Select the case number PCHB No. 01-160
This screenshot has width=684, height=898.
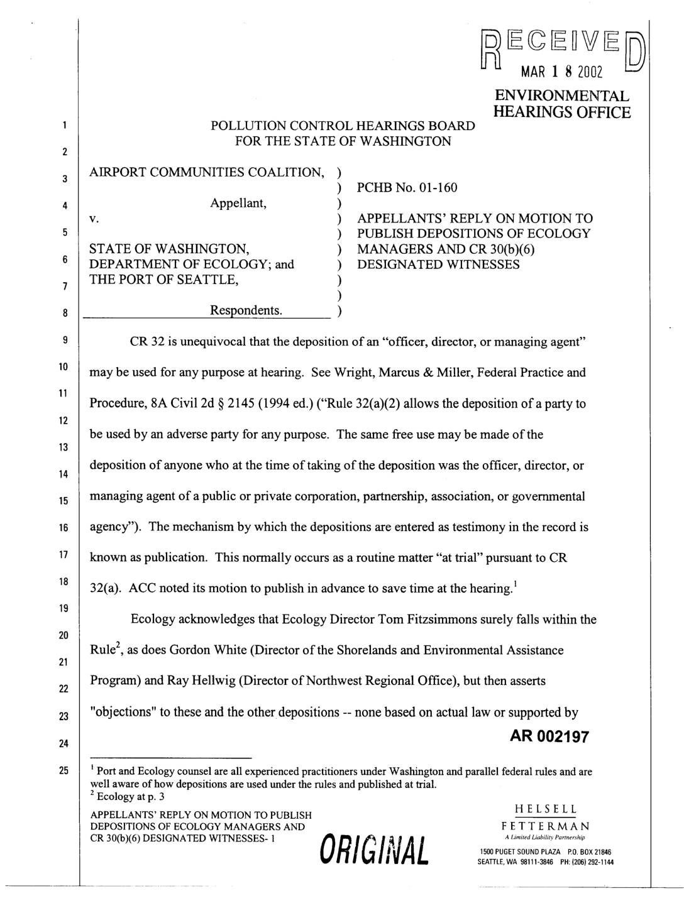(x=407, y=187)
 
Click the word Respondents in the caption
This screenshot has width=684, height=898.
(x=246, y=310)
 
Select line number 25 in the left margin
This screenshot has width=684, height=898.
(x=63, y=771)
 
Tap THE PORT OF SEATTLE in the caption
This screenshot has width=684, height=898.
(x=163, y=280)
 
